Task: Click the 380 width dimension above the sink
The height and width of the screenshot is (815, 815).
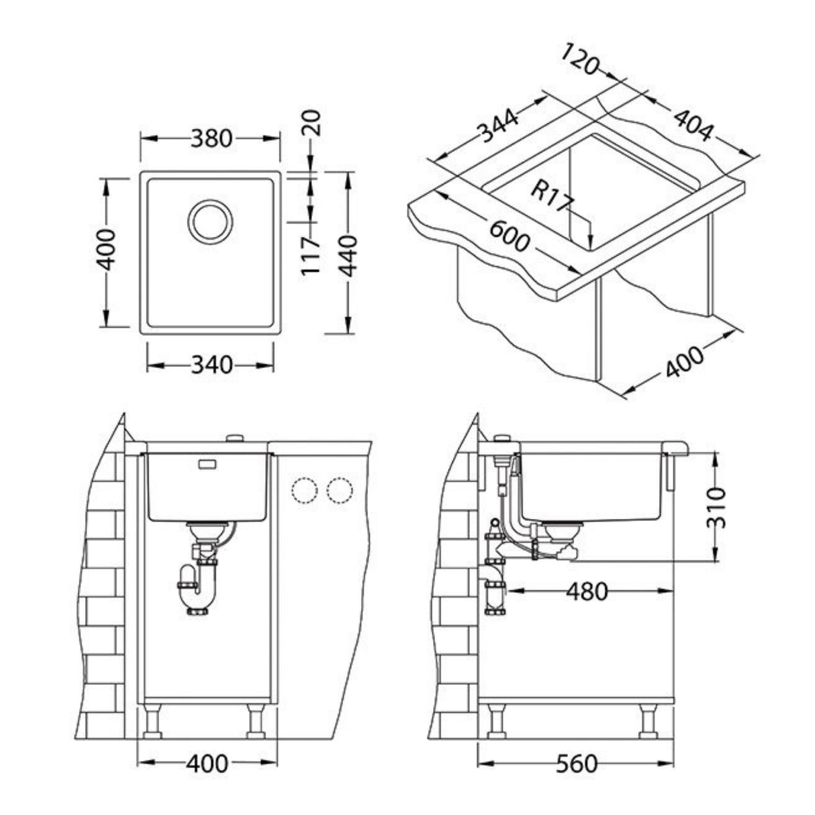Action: pyautogui.click(x=211, y=139)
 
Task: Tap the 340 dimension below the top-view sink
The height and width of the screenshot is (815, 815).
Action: pyautogui.click(x=211, y=365)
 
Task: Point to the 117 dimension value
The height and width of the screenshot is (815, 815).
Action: pyautogui.click(x=309, y=255)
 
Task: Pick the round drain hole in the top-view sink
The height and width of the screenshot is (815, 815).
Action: pyautogui.click(x=210, y=220)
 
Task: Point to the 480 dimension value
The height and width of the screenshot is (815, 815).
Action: pyautogui.click(x=586, y=591)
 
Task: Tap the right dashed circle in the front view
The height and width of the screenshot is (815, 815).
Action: pyautogui.click(x=339, y=491)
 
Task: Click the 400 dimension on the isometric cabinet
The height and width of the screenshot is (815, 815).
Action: pyautogui.click(x=685, y=363)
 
